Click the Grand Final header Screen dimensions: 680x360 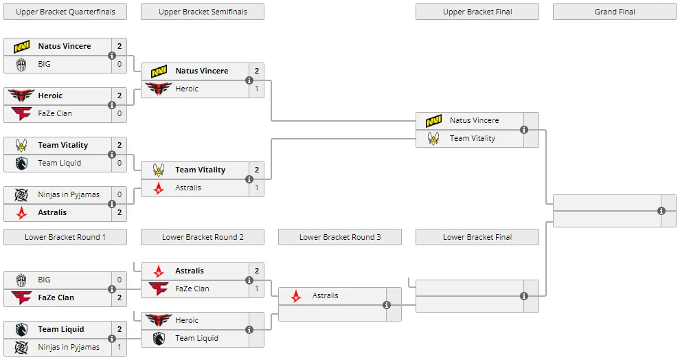[x=615, y=12]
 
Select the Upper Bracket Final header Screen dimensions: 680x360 [x=477, y=12]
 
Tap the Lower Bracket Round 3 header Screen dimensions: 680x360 [x=339, y=237]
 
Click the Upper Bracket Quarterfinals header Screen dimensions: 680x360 [x=65, y=12]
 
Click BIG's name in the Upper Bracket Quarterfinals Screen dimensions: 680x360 [x=44, y=64]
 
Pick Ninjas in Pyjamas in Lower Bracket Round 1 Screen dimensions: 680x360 [x=69, y=347]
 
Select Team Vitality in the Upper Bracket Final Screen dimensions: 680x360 [x=473, y=138]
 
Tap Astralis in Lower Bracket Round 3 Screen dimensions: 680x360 [x=326, y=295]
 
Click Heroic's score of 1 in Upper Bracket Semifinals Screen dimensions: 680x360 [x=257, y=89]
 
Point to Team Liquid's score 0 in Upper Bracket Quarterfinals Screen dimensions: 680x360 [x=120, y=163]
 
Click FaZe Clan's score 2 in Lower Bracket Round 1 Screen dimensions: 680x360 [x=120, y=297]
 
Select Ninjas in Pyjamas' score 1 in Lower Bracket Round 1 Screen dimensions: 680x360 [x=120, y=347]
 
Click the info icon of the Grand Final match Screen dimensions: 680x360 [x=661, y=211]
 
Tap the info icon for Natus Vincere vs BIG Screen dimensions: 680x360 [x=112, y=56]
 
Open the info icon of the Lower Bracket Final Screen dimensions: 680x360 [x=524, y=296]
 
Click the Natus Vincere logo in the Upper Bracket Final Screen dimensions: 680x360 [x=433, y=121]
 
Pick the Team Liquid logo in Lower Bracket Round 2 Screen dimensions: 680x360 [x=159, y=338]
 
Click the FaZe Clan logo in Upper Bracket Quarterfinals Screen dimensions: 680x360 [x=21, y=113]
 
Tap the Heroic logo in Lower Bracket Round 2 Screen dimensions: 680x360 [x=159, y=320]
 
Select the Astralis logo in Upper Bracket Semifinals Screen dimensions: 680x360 [x=159, y=188]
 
